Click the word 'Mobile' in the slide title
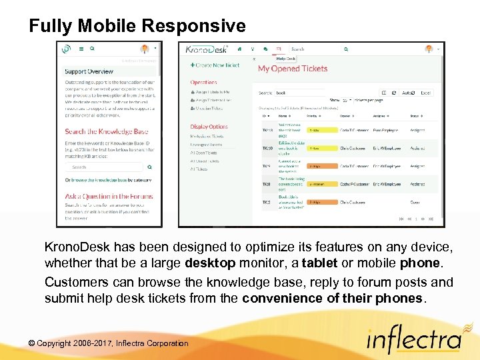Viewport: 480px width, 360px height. pyautogui.click(x=107, y=26)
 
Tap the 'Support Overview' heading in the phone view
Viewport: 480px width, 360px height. pyautogui.click(x=89, y=71)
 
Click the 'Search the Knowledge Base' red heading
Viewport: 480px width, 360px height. pyautogui.click(x=107, y=131)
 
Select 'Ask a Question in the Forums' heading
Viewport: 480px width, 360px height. pyautogui.click(x=109, y=197)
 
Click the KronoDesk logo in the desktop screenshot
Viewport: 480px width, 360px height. pyautogui.click(x=206, y=49)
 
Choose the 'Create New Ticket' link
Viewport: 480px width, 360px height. pyautogui.click(x=215, y=65)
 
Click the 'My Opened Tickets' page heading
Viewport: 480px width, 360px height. pyautogui.click(x=293, y=69)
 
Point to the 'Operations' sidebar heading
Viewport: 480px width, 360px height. pyautogui.click(x=203, y=83)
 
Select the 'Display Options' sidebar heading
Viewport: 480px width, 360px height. pyautogui.click(x=209, y=127)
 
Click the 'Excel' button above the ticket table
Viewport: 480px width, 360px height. pyautogui.click(x=425, y=93)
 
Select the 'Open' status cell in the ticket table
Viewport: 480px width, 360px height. pyautogui.click(x=415, y=202)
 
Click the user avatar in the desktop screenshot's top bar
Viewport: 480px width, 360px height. pyautogui.click(x=429, y=49)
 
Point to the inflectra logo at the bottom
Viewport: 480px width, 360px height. pyautogui.click(x=413, y=340)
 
